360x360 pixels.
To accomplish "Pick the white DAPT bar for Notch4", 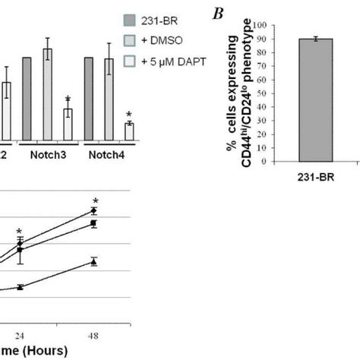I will point(128,131).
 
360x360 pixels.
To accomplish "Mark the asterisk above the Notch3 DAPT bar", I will point(68,99).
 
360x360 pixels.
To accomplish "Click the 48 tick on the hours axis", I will point(93,333).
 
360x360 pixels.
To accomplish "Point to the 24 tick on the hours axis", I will point(22,333).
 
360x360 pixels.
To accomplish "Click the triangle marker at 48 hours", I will point(93,261).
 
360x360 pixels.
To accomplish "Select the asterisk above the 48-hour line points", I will point(96,201).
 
